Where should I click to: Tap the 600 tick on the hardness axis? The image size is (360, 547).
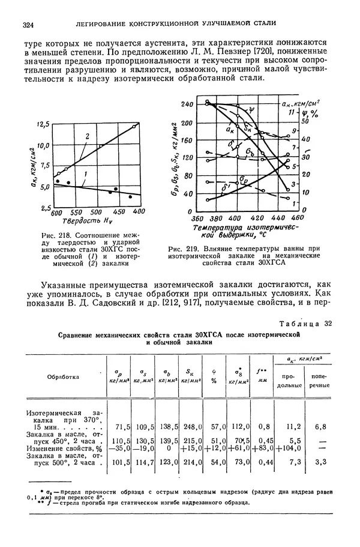point(58,213)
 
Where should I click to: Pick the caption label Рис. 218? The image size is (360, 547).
point(51,234)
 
